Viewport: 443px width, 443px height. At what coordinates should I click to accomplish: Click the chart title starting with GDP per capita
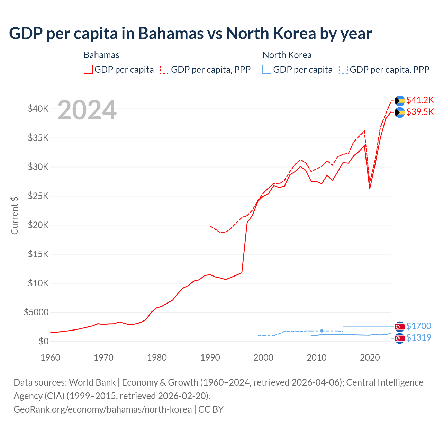190,34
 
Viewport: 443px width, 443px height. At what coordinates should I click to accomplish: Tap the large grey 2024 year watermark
87,110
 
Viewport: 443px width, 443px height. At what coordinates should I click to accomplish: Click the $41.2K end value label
420,100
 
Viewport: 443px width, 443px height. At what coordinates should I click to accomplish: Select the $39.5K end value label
420,112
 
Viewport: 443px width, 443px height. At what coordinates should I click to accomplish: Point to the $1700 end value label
418,326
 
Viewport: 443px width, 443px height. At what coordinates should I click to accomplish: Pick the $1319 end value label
418,337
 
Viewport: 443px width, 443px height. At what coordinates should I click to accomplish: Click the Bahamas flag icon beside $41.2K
400,100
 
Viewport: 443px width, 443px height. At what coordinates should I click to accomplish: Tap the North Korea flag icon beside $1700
400,326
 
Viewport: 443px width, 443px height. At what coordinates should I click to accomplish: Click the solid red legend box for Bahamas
88,69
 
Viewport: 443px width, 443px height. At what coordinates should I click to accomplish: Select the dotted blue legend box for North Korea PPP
344,69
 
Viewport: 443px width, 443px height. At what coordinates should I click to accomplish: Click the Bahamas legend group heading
101,55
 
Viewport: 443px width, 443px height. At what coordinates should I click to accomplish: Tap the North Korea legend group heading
287,55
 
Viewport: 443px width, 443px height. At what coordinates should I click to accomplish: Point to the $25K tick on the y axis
38,196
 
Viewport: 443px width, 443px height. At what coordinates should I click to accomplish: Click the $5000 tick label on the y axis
36,313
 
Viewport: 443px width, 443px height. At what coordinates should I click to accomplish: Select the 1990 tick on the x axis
210,358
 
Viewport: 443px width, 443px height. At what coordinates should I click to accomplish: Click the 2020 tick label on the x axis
370,358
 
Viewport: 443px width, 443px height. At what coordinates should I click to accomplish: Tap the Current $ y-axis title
15,215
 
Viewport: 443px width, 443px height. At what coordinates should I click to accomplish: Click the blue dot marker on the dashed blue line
322,331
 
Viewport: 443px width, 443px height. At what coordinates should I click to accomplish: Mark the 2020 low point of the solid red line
370,189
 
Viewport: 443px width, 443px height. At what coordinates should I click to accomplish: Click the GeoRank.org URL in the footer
102,409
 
